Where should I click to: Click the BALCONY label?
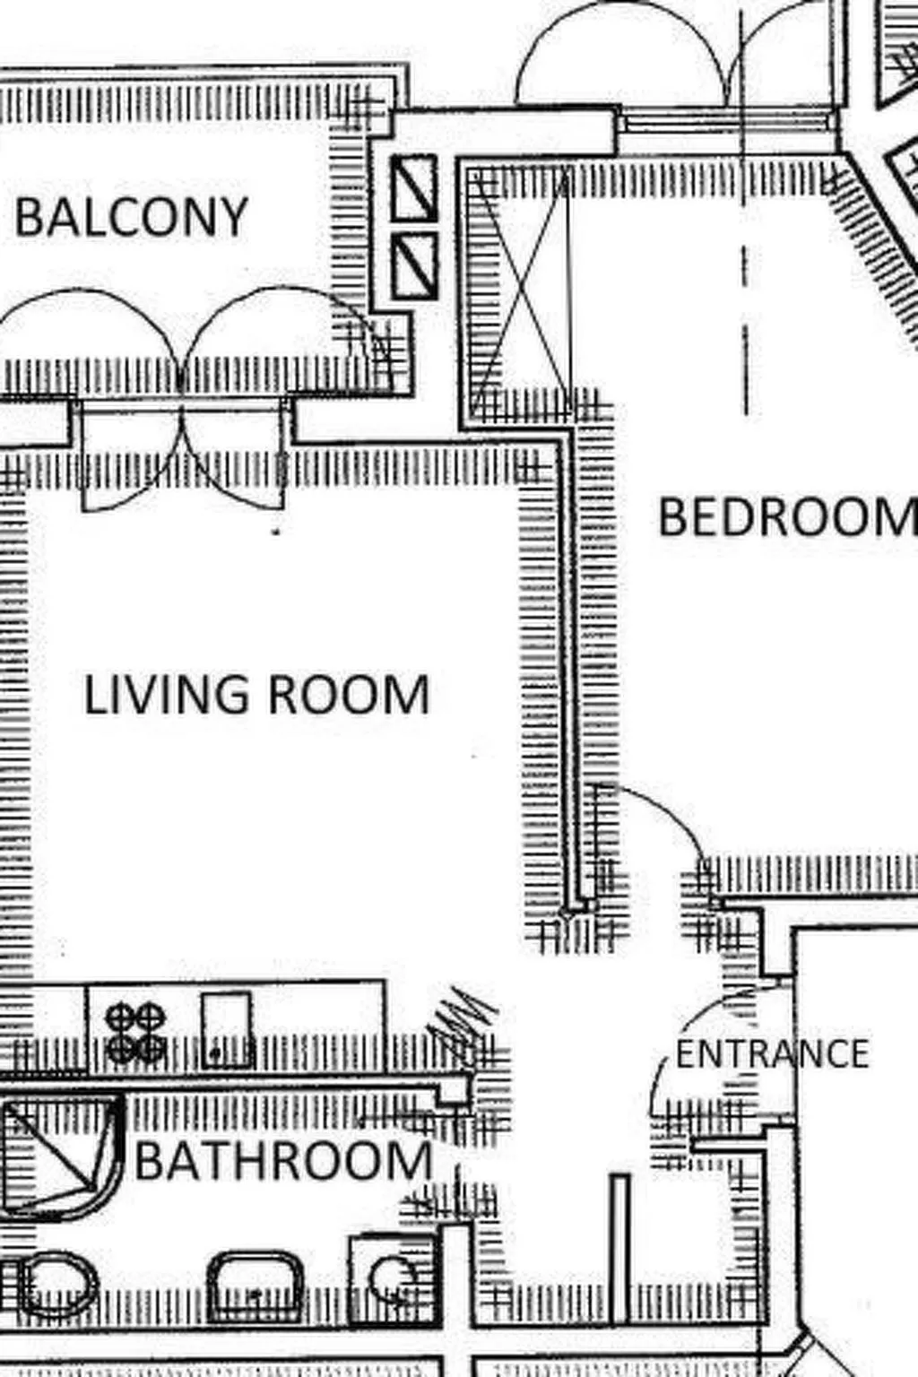131,217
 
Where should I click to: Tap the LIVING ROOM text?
256,696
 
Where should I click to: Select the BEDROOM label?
787,517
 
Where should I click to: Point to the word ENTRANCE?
772,1054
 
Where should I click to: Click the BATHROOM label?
283,1160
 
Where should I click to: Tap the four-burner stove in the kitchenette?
135,1033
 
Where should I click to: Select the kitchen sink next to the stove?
225,1029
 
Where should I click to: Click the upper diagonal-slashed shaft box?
414,187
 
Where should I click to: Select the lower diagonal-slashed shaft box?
414,267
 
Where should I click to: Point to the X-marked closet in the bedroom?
520,291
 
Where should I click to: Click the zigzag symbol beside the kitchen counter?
461,1018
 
